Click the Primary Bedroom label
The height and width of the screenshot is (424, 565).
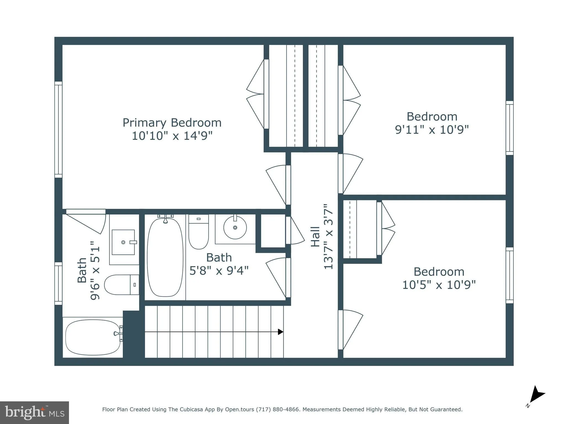tap(172, 123)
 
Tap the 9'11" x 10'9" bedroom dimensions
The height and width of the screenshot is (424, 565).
tap(432, 129)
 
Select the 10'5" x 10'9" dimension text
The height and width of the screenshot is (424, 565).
tap(439, 285)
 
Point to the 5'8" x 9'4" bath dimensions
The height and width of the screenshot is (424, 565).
tap(219, 271)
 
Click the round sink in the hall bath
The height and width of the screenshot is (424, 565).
tap(235, 227)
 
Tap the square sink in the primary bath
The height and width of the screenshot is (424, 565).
tap(123, 242)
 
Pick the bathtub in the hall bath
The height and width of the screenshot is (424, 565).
tap(165, 257)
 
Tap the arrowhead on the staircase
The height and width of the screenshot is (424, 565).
tap(280, 332)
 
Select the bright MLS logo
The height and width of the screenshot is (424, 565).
tap(34, 412)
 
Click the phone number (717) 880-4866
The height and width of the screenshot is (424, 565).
tap(278, 409)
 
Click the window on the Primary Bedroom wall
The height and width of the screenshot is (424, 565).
tap(58, 129)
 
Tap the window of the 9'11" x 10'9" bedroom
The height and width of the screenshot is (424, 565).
tap(509, 128)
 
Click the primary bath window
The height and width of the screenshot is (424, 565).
tap(58, 283)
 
